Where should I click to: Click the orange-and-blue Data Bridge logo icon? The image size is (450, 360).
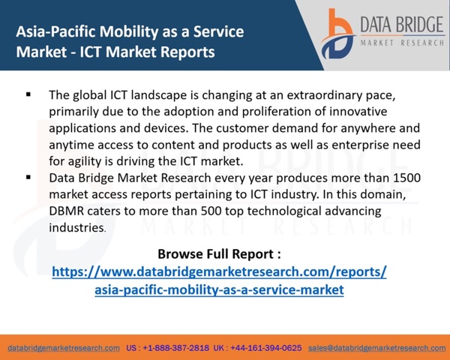pos(338,34)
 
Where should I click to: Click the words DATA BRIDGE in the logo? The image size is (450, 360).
pos(402,25)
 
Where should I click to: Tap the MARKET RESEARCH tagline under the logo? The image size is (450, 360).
pos(402,43)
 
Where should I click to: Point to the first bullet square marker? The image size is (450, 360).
pos(28,94)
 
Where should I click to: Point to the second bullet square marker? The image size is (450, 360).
pos(28,177)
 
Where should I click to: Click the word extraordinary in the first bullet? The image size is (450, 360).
pos(320,95)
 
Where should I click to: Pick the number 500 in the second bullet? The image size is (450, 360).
pos(211,211)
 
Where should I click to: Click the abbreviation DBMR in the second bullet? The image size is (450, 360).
pos(66,211)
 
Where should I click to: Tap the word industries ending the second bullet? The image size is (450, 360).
pos(76,228)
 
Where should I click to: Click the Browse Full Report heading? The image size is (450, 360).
pos(219,254)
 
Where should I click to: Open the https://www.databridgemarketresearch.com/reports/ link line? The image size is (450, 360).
pos(219,271)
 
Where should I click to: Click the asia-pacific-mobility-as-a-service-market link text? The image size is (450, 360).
pos(219,290)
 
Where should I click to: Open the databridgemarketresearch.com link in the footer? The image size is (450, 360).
pos(64,348)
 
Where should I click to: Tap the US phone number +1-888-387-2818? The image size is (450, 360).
pos(176,348)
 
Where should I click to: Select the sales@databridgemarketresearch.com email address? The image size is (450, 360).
pos(377,348)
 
